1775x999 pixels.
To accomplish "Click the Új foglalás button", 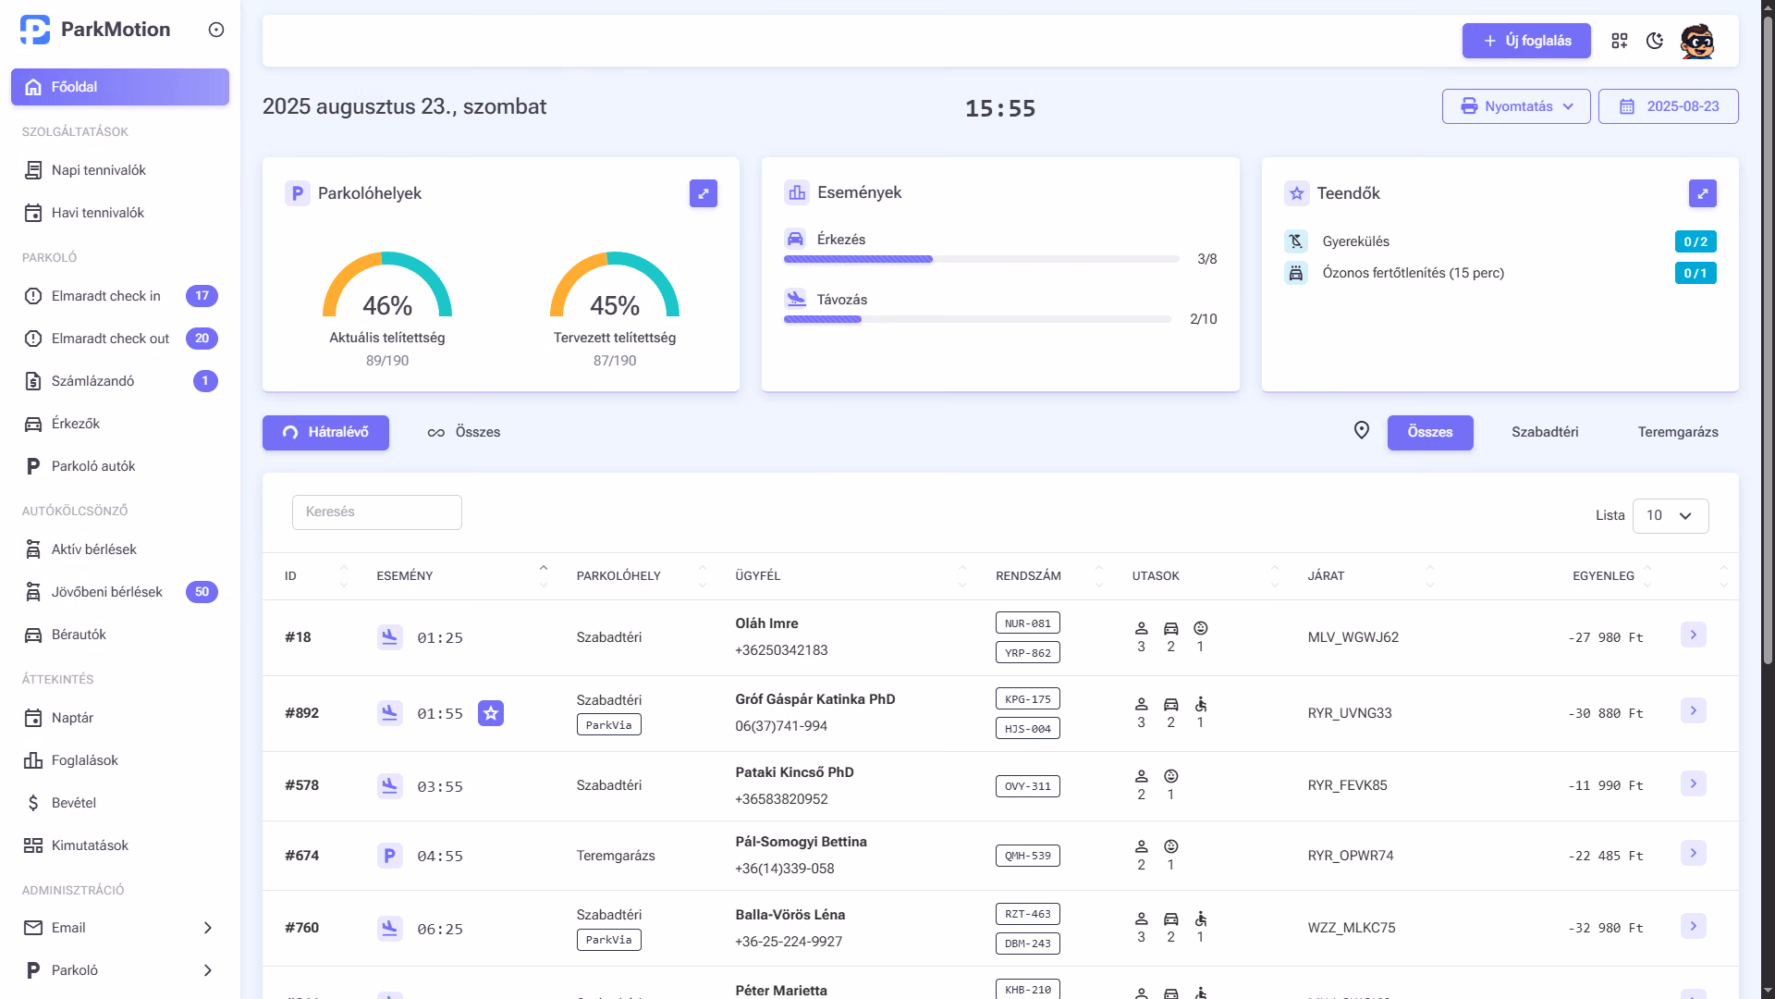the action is click(1526, 41).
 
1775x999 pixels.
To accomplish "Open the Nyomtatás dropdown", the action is click(1516, 106).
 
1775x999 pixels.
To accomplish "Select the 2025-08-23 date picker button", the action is click(1668, 106).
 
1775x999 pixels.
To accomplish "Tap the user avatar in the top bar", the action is click(1697, 41).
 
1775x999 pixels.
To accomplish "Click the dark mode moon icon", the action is click(1655, 41).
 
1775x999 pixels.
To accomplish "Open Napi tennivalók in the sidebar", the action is click(99, 170).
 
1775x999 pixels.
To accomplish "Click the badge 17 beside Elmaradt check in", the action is click(202, 296).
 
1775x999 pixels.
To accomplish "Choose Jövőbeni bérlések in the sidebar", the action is click(106, 592).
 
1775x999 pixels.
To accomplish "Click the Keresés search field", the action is click(377, 512).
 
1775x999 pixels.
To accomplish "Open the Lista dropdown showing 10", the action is click(1671, 516).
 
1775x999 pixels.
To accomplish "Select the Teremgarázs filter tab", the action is click(1678, 432).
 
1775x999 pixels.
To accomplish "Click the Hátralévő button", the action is click(325, 433).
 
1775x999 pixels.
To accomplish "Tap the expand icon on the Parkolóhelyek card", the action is click(704, 193).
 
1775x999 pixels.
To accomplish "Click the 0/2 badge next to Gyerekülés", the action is click(1695, 241).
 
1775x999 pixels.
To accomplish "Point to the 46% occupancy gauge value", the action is click(387, 305).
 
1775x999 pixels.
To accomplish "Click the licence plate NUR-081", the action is click(1028, 623).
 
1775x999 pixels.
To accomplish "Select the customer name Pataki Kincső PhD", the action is click(795, 772).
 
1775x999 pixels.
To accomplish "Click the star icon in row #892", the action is click(491, 713).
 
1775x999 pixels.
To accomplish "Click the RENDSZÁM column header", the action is click(1028, 576).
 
